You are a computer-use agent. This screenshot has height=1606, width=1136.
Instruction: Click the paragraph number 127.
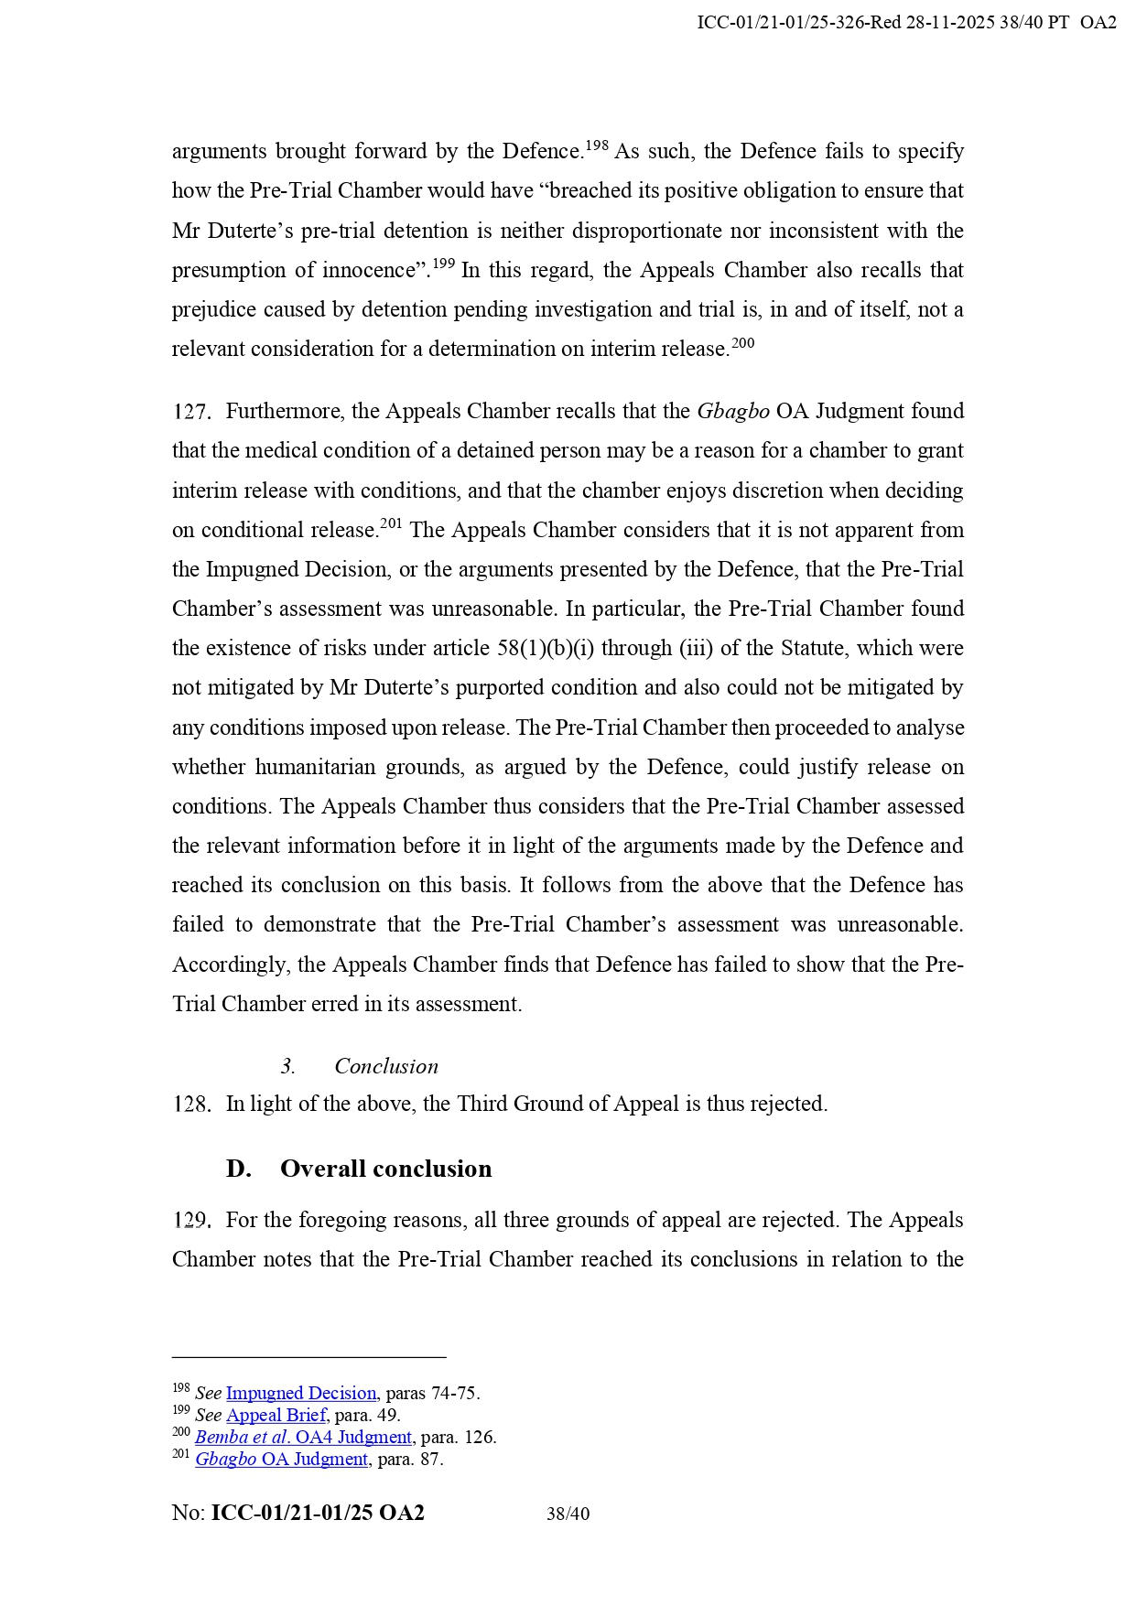[x=191, y=412]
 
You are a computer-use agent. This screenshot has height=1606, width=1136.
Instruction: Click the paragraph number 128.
[x=191, y=1105]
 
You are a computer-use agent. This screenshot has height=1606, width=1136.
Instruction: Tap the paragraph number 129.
[x=191, y=1221]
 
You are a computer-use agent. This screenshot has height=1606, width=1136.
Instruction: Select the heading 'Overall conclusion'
[x=385, y=1169]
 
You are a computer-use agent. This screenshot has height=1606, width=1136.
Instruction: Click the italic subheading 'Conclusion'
[x=385, y=1066]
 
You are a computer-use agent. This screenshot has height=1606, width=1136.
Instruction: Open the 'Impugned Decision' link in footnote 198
[x=301, y=1394]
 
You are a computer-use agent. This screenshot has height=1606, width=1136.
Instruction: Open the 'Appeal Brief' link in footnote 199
[x=276, y=1416]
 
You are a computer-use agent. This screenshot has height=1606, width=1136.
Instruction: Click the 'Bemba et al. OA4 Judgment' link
[x=303, y=1438]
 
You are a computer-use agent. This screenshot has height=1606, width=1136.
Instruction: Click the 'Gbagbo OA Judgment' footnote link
[x=281, y=1460]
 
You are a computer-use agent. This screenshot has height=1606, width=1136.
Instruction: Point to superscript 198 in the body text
[x=597, y=145]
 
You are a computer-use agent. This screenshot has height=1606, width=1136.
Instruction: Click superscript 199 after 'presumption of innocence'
[x=443, y=264]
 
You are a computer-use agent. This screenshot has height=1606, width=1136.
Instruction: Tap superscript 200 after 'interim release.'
[x=743, y=343]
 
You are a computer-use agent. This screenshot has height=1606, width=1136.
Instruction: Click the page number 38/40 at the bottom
[x=568, y=1514]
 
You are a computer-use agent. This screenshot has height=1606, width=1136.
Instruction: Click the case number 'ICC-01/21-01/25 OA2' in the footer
[x=318, y=1514]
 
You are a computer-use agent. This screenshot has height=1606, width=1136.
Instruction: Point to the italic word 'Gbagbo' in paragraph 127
[x=733, y=412]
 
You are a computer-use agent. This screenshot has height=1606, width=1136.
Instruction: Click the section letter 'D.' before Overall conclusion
[x=238, y=1169]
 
